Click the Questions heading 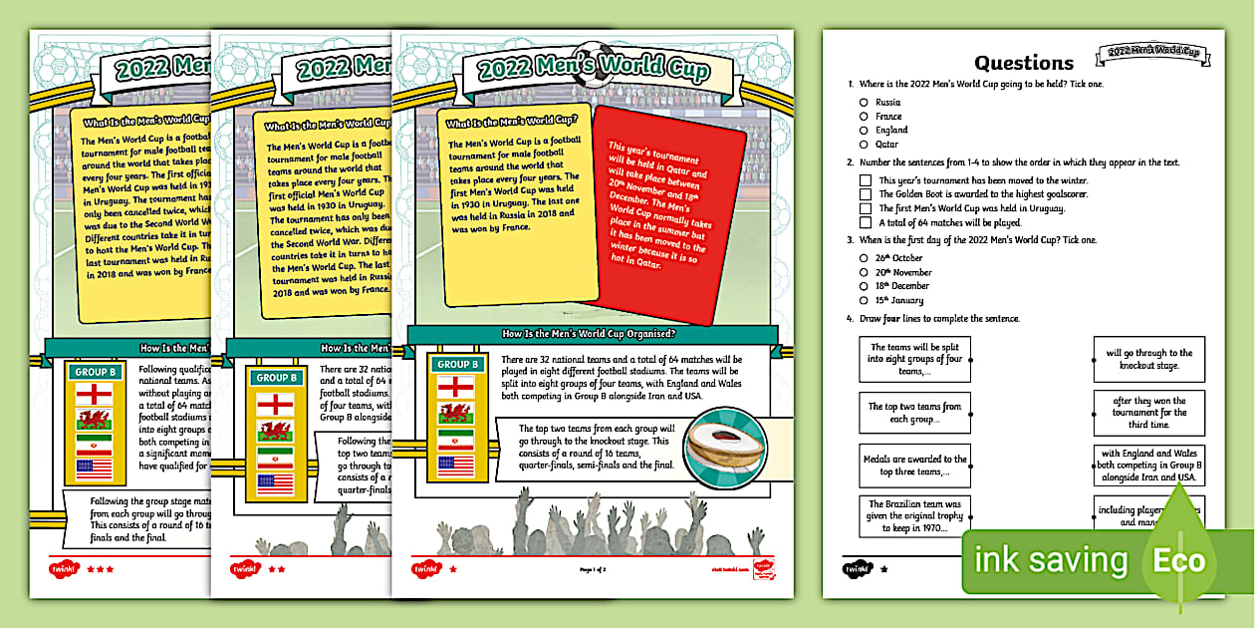click(x=1024, y=63)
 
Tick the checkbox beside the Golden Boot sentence click(x=866, y=194)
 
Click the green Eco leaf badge click(x=1185, y=559)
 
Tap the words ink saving click(x=1052, y=560)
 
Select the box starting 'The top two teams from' click(x=913, y=413)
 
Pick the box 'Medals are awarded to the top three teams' click(x=913, y=466)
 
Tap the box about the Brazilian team click(x=913, y=516)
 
